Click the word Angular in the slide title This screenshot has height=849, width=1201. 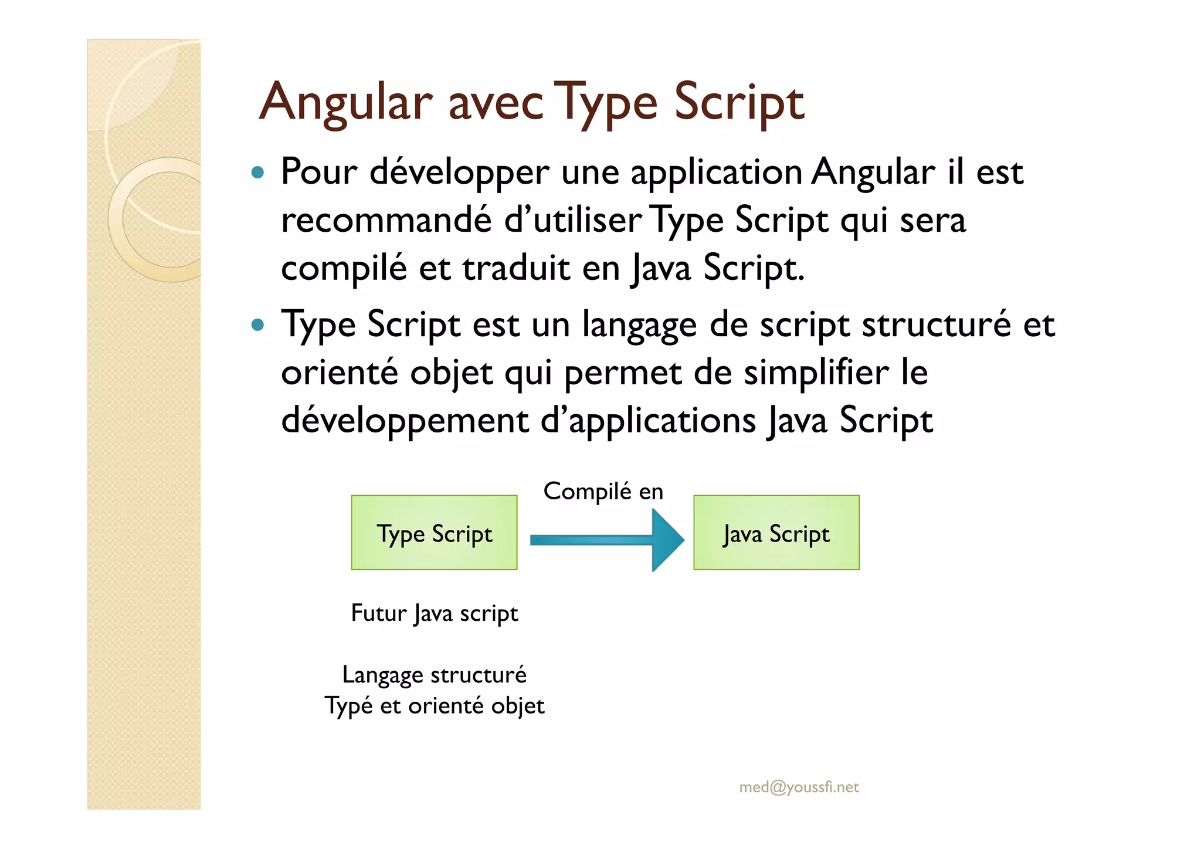click(345, 102)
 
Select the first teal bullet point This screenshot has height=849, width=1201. click(257, 172)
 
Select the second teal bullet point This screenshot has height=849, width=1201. click(257, 324)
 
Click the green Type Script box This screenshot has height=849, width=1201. click(434, 532)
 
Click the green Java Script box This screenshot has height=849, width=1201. click(776, 532)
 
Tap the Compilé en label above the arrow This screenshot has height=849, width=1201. click(603, 491)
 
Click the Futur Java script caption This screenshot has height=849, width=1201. click(434, 613)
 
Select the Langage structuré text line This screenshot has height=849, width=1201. click(434, 675)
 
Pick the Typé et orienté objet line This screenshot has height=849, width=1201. click(434, 705)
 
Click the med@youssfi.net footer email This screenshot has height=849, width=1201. click(799, 787)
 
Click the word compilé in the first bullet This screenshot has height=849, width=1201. click(344, 268)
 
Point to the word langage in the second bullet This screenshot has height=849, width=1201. click(639, 324)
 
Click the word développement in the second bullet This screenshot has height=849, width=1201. click(405, 421)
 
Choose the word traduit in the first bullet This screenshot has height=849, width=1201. click(516, 268)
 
